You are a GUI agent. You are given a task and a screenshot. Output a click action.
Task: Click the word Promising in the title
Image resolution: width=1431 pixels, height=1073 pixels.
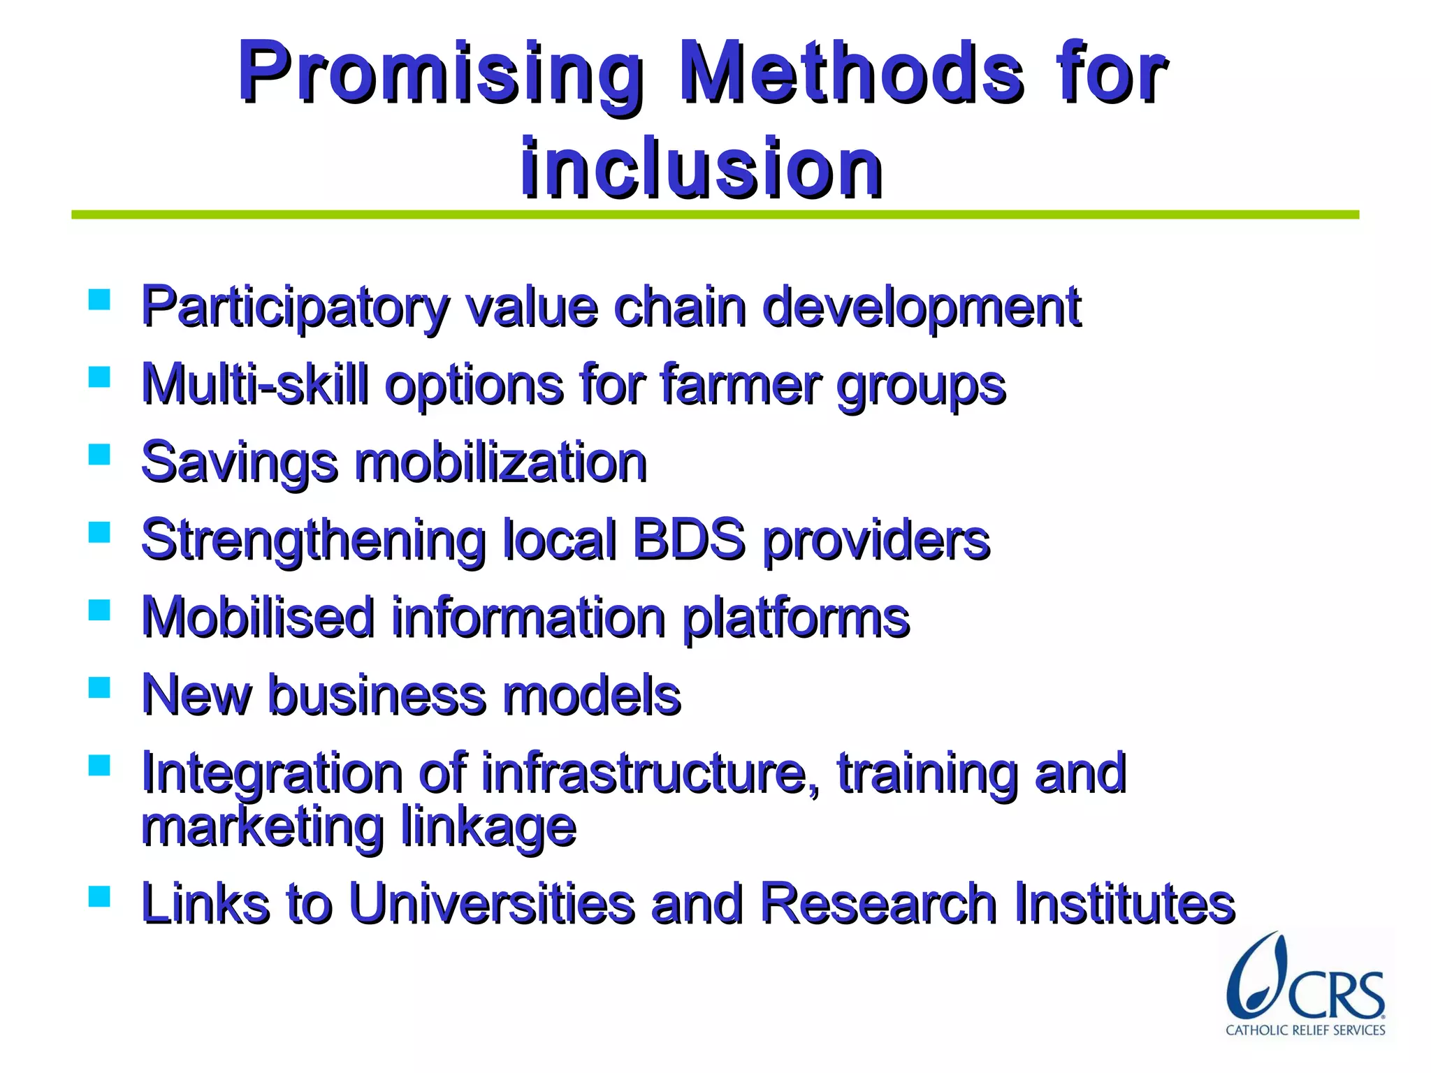[440, 73]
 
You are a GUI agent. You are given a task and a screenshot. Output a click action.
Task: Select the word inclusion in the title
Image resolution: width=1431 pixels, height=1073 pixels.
[702, 168]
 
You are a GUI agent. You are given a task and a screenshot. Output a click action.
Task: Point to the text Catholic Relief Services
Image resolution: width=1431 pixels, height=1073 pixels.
[1305, 1030]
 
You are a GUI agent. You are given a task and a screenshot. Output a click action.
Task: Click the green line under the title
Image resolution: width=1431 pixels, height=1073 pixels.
[715, 215]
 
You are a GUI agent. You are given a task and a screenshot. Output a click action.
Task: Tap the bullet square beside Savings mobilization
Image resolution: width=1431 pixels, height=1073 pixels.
[100, 455]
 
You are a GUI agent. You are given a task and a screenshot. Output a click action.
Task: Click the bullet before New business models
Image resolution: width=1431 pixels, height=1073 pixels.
[100, 688]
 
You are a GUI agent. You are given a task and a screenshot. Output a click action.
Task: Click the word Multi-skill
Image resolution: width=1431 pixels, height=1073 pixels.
[254, 384]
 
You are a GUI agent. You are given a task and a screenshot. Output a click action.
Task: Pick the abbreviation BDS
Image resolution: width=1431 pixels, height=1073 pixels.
[688, 540]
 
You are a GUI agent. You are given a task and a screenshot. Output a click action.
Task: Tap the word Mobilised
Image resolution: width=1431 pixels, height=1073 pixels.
[258, 618]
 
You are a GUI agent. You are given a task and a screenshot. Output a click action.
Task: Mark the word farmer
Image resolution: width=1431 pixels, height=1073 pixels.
[741, 384]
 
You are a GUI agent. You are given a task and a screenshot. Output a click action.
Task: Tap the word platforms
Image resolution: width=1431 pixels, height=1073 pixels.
[796, 618]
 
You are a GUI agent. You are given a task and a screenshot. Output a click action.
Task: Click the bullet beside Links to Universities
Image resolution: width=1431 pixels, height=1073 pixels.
[100, 896]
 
